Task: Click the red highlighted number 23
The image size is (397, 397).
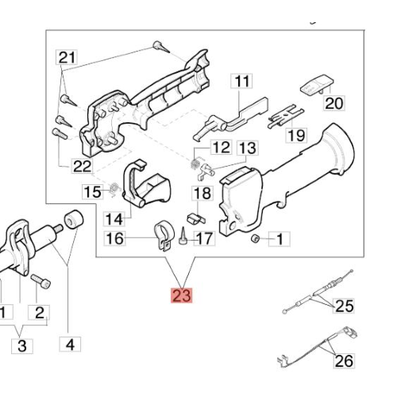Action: click(182, 295)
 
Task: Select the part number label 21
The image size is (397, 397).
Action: click(67, 57)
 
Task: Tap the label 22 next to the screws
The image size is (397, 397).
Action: click(82, 166)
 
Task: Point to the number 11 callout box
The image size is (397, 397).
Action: click(241, 81)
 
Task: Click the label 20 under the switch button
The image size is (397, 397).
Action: click(334, 103)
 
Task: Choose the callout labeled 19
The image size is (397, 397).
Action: click(296, 135)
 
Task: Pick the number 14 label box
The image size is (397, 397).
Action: click(114, 219)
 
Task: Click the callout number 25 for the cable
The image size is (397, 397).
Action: click(344, 306)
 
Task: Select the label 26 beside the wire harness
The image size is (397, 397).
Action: click(344, 360)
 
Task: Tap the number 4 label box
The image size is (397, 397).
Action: click(70, 345)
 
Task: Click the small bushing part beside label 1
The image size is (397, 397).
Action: click(255, 239)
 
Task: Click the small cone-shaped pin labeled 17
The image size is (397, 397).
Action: click(183, 236)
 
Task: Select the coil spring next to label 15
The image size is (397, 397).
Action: click(114, 189)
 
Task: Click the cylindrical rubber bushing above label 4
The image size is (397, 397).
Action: click(74, 219)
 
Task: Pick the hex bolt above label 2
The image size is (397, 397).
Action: click(40, 281)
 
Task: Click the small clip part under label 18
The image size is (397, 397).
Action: click(196, 218)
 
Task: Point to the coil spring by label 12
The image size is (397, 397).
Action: click(195, 164)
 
